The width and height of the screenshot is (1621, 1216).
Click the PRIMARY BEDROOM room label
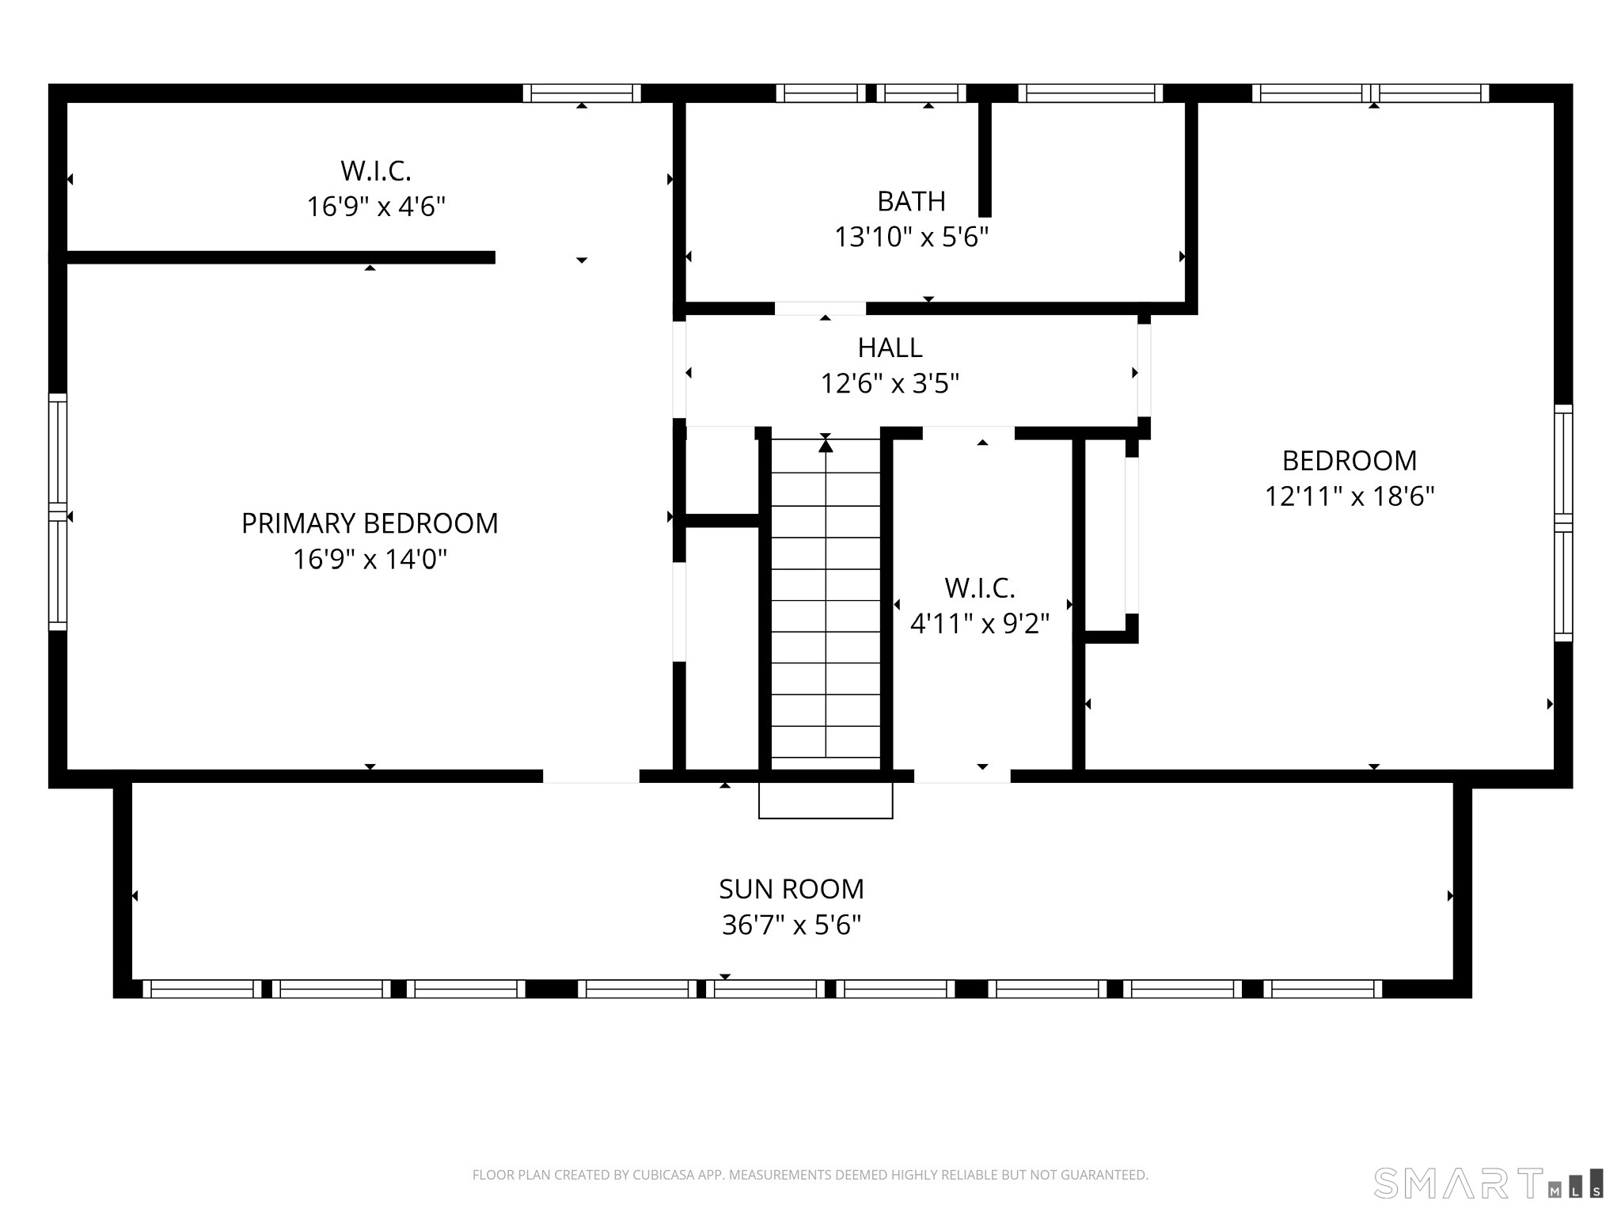pos(370,523)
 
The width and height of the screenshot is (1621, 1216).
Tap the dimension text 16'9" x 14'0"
pos(370,560)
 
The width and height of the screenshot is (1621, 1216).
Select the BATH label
pos(911,202)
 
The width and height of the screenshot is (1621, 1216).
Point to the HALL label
pos(890,348)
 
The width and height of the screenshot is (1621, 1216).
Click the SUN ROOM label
pos(792,889)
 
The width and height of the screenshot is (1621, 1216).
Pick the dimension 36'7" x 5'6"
pos(792,925)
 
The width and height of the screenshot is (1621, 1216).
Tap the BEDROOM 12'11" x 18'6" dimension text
pos(1350,496)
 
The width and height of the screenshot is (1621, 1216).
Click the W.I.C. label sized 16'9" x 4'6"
pos(376,170)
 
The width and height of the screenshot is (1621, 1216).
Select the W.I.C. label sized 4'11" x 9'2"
pos(980,588)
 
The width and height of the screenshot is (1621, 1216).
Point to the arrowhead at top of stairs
pos(826,446)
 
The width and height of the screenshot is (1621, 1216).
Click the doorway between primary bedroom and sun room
pos(590,777)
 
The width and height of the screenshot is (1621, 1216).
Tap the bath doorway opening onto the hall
pos(820,309)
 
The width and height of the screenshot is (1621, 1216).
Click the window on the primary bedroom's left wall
pos(58,512)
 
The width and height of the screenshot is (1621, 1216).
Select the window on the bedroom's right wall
pos(1563,523)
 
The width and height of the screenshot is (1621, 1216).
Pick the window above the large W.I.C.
pos(582,93)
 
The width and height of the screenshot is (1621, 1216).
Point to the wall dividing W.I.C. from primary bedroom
pos(281,257)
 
